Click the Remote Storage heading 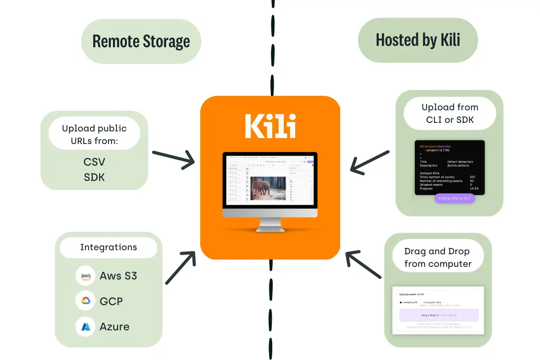click(141, 41)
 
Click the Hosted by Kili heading click(418, 40)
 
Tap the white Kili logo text click(270, 126)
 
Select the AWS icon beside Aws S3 click(85, 276)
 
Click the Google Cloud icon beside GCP click(85, 301)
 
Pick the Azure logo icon click(85, 327)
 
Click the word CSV click(94, 162)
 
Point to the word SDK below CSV click(94, 177)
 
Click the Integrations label click(108, 247)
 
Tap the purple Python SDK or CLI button click(454, 198)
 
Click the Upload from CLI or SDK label click(450, 113)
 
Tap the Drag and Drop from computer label click(437, 257)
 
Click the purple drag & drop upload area click(439, 315)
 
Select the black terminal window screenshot click(450, 167)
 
